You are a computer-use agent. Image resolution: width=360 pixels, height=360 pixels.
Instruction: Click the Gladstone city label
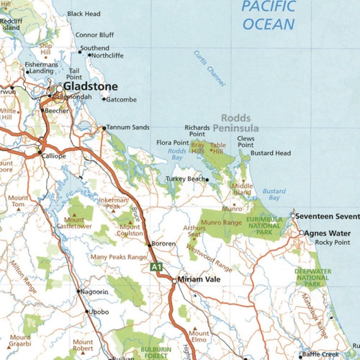click(x=90, y=86)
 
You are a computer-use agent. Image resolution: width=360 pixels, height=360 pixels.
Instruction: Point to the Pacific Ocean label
click(x=269, y=15)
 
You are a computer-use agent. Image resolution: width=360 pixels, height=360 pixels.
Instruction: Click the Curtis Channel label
click(x=210, y=68)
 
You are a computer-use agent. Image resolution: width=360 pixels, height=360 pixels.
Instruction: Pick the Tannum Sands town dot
click(x=104, y=128)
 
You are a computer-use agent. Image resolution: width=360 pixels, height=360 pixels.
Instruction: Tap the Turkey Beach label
click(x=185, y=179)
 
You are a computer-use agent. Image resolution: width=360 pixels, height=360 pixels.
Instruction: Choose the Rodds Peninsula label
click(x=236, y=123)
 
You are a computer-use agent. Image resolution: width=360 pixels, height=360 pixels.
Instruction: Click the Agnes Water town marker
click(x=302, y=233)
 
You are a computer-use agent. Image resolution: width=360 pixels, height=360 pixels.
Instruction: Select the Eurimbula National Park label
click(x=264, y=226)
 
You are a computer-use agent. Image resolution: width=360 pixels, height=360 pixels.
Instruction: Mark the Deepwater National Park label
click(x=313, y=278)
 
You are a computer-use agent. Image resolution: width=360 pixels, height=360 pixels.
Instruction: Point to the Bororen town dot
click(x=149, y=246)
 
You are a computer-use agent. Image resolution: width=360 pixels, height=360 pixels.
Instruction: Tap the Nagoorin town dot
click(x=78, y=291)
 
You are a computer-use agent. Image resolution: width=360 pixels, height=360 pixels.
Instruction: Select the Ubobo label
click(x=99, y=312)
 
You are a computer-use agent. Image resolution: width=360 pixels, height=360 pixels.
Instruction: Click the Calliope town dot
click(x=40, y=152)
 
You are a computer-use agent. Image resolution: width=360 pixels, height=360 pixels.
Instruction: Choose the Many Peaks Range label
click(x=118, y=257)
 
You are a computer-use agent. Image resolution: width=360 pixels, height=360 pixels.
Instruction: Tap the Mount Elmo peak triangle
click(x=195, y=329)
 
